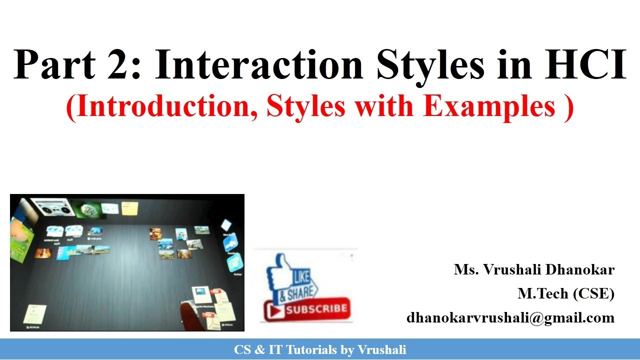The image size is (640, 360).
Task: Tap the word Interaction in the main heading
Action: click(258, 64)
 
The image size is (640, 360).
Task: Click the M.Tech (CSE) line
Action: click(565, 294)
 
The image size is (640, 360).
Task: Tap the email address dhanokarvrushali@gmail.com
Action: click(510, 317)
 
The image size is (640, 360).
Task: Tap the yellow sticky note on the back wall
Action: click(129, 208)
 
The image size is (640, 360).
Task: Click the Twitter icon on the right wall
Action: click(234, 262)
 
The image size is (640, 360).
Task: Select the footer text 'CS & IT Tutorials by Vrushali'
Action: click(320, 350)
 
